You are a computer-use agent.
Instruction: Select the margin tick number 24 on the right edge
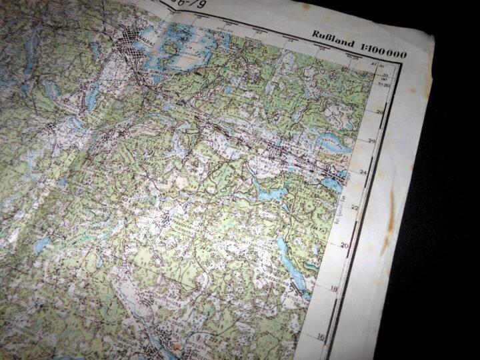tap(364, 172)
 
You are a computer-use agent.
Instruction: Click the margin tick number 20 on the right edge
tap(345, 245)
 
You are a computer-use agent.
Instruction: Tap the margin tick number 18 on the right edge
tap(334, 289)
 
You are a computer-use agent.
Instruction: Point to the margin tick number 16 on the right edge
tap(321, 337)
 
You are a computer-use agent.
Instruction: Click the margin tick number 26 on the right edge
tap(372, 141)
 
